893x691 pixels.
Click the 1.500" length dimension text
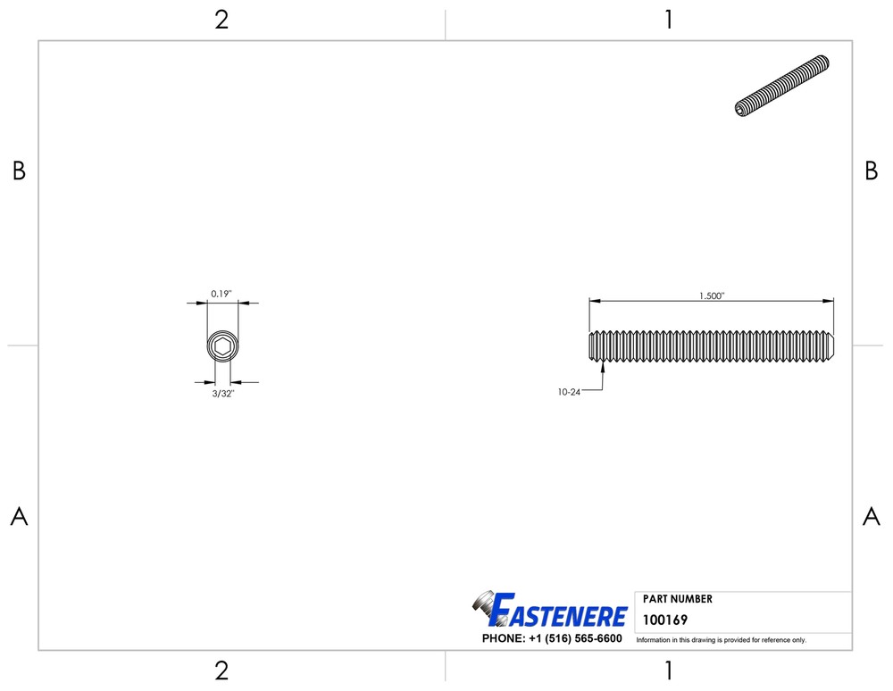pos(712,296)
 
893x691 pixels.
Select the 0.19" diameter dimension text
pos(221,294)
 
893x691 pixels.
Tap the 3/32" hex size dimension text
pos(223,394)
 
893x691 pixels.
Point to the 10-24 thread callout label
pos(569,392)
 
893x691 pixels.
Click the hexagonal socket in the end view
pos(222,345)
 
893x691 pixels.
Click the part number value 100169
pos(665,620)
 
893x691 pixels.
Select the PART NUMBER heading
pos(678,599)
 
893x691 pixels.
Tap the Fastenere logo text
pos(558,611)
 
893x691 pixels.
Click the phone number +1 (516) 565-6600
pos(575,638)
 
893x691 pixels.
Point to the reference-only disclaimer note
pos(721,640)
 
